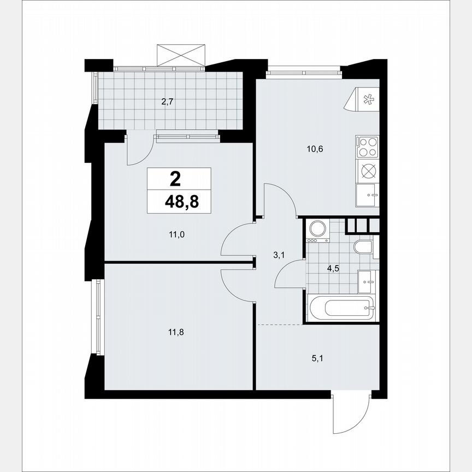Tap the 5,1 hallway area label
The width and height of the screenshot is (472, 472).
[x=317, y=359]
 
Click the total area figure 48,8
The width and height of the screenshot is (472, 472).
[x=182, y=203]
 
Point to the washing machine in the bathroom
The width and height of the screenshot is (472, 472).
[x=317, y=230]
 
